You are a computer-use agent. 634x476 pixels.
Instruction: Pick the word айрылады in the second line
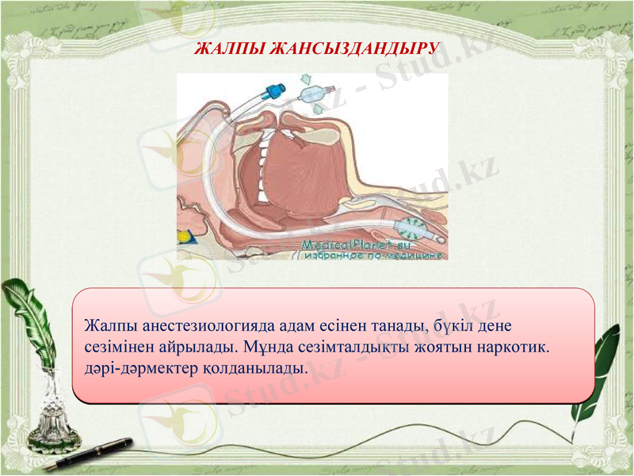click(x=197, y=347)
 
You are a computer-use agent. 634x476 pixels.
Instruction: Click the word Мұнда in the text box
click(x=268, y=347)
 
